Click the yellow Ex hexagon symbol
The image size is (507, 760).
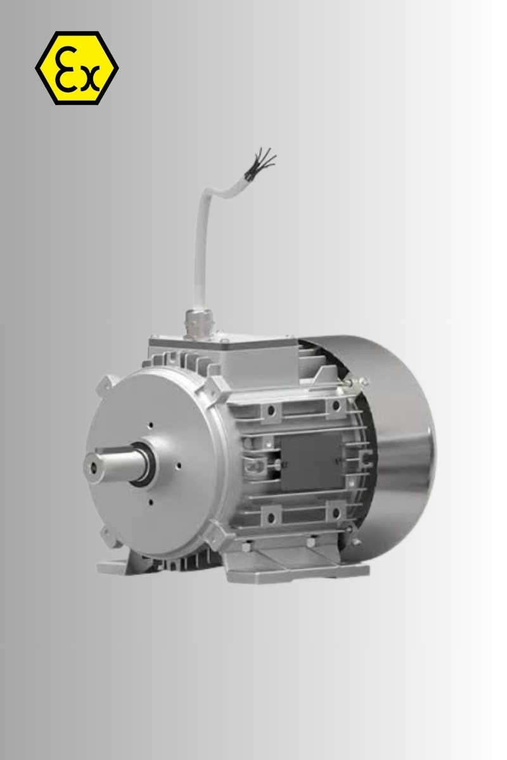coord(77,68)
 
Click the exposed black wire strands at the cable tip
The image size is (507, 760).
coord(260,164)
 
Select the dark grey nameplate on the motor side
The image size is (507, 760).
coord(311,462)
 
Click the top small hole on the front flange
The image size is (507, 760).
coord(151,425)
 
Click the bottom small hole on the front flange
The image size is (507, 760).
coord(151,502)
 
